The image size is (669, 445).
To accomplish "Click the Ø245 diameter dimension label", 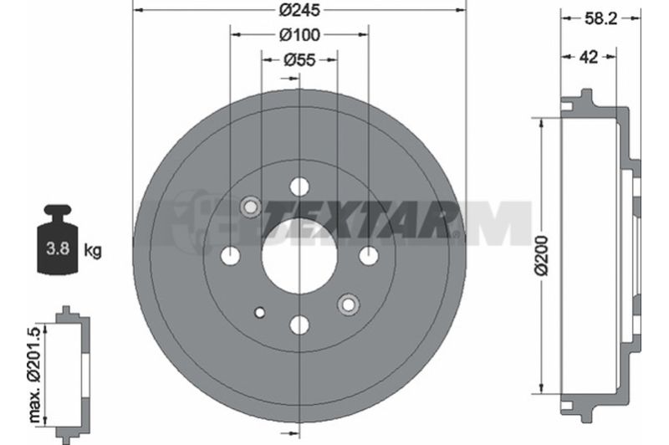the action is point(299,10).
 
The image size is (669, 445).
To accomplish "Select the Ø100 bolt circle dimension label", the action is point(299,35).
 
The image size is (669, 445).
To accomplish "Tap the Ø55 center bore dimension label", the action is point(299,60).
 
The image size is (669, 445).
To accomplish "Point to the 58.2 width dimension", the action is point(600,18).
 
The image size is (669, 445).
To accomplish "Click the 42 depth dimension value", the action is point(589,56).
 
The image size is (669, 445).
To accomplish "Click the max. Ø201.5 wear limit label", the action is point(35,376).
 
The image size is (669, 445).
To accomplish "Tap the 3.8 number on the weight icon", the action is point(58,248).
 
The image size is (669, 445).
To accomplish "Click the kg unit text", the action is point(93,250).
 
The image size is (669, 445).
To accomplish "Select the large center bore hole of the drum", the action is point(299,256).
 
